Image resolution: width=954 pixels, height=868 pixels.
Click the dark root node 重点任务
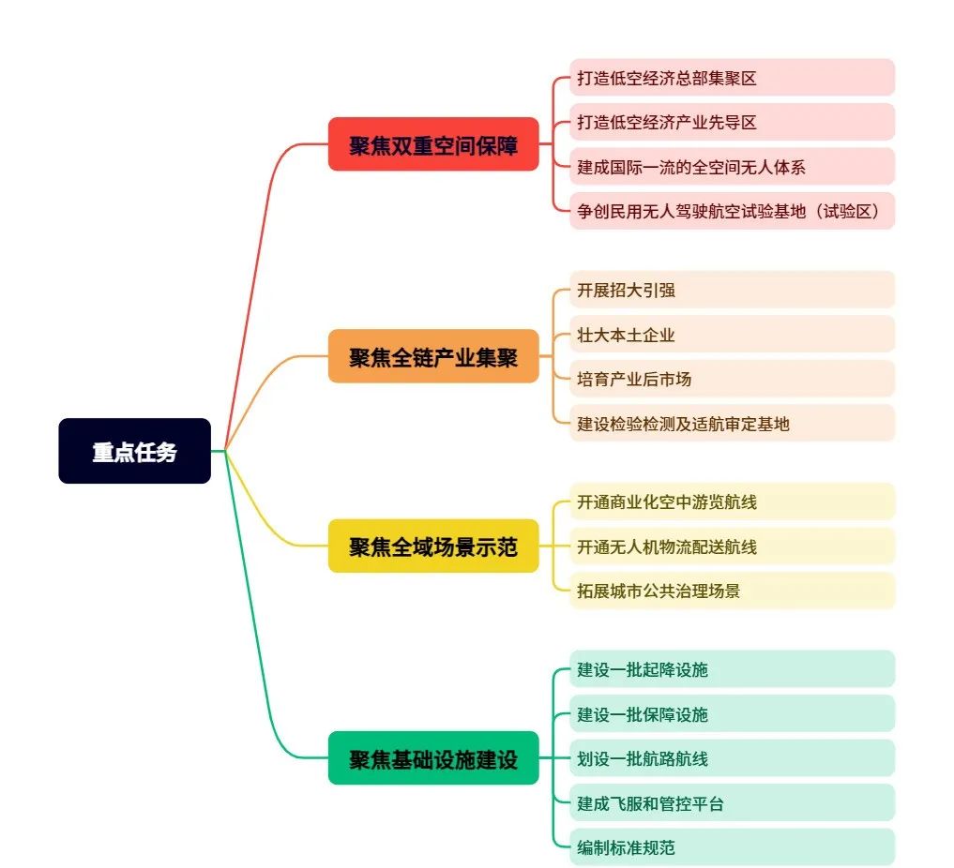(134, 451)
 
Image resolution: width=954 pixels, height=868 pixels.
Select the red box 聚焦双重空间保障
(433, 144)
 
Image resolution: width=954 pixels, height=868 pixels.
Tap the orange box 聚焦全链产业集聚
(433, 356)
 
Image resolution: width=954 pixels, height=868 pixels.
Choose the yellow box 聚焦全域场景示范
(433, 546)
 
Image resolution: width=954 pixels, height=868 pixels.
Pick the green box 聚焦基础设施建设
(433, 757)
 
